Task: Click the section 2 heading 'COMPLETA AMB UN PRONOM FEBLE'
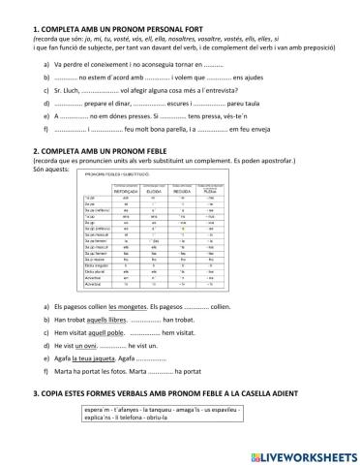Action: point(105,152)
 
